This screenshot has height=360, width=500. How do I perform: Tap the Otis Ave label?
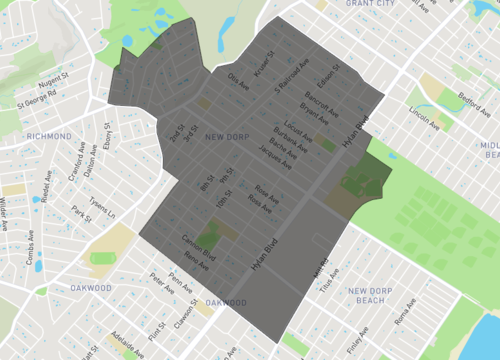pos(236,79)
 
